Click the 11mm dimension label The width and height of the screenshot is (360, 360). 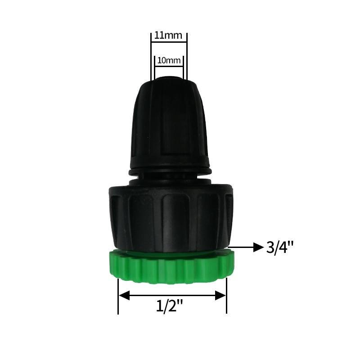coord(168,35)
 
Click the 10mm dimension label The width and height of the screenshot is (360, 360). coord(169,60)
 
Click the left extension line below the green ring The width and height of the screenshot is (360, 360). coord(118,297)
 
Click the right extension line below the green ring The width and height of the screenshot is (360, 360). coord(226,297)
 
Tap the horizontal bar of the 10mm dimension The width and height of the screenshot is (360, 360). coord(169,67)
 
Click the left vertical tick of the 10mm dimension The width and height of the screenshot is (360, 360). coord(154,67)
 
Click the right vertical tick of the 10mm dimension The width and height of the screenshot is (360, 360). coord(183,67)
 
